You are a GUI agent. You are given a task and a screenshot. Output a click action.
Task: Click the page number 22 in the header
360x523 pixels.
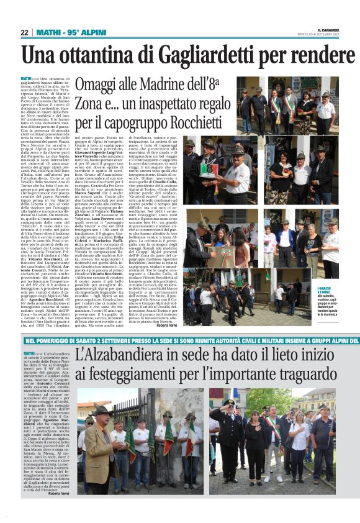(x=24, y=32)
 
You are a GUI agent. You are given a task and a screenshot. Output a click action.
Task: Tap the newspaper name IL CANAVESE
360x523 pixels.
(x=328, y=29)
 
